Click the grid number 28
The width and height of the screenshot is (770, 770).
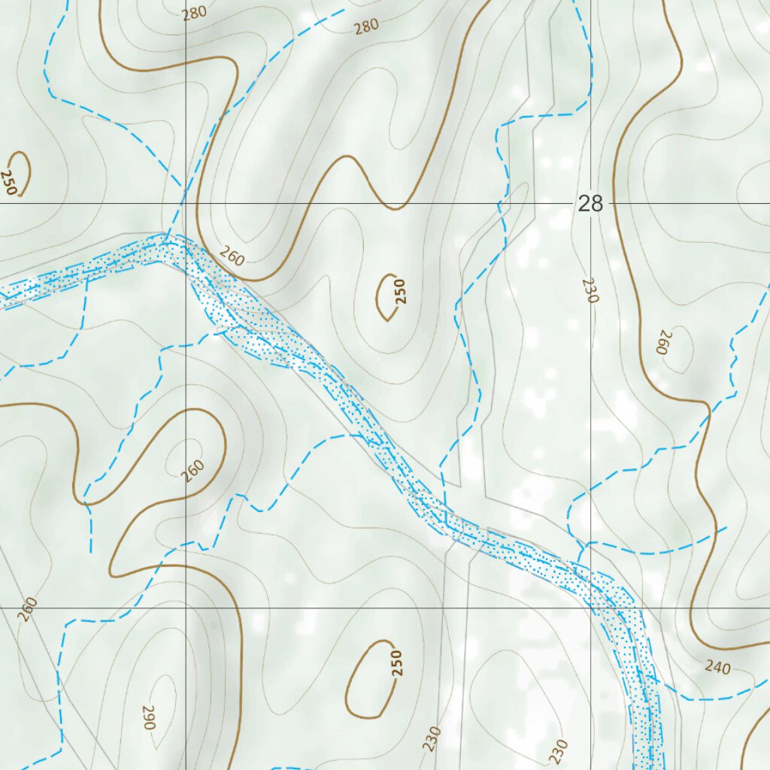[x=591, y=204]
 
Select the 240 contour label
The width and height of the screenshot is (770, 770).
[x=717, y=666]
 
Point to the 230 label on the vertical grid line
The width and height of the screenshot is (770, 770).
[x=590, y=290]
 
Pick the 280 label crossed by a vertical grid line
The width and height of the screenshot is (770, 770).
[x=193, y=12]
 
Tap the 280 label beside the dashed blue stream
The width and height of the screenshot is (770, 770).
[x=366, y=26]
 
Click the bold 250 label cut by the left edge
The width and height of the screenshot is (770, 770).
[x=8, y=181]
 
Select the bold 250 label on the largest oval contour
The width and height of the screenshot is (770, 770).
[x=397, y=662]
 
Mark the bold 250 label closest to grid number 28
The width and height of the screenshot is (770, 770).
[x=400, y=291]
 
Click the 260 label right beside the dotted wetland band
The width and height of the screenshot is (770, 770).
[x=233, y=258]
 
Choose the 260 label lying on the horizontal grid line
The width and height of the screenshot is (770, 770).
[x=27, y=609]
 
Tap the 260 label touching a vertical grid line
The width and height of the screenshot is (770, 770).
[x=192, y=471]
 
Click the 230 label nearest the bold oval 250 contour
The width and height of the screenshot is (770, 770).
[x=432, y=739]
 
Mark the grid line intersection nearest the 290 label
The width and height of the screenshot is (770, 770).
[x=186, y=608]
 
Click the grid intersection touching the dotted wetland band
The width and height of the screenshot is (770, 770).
[x=591, y=608]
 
